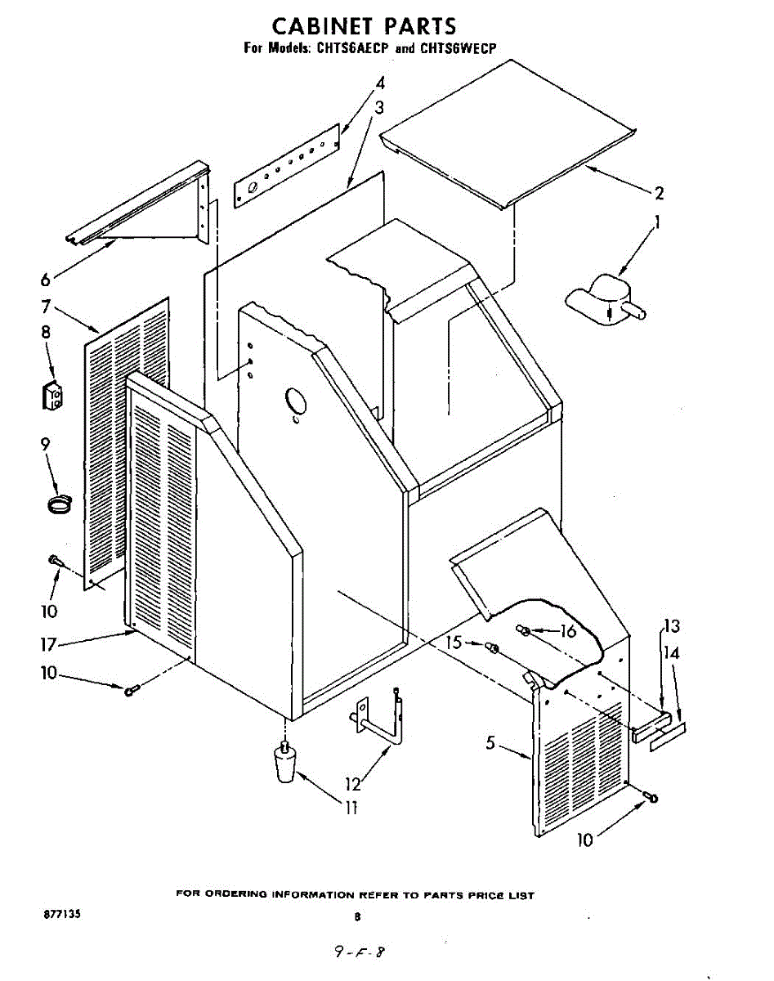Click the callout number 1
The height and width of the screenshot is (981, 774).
656,222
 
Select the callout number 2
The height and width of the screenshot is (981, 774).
658,194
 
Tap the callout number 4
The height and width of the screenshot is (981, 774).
380,83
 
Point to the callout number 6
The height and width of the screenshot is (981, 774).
45,279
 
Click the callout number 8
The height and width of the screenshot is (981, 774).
45,332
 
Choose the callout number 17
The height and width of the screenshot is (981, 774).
48,645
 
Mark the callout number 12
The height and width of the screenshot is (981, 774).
353,784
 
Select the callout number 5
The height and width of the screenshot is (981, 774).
490,743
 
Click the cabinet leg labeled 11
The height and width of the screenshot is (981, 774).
284,764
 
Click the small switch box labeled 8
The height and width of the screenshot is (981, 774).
53,396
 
